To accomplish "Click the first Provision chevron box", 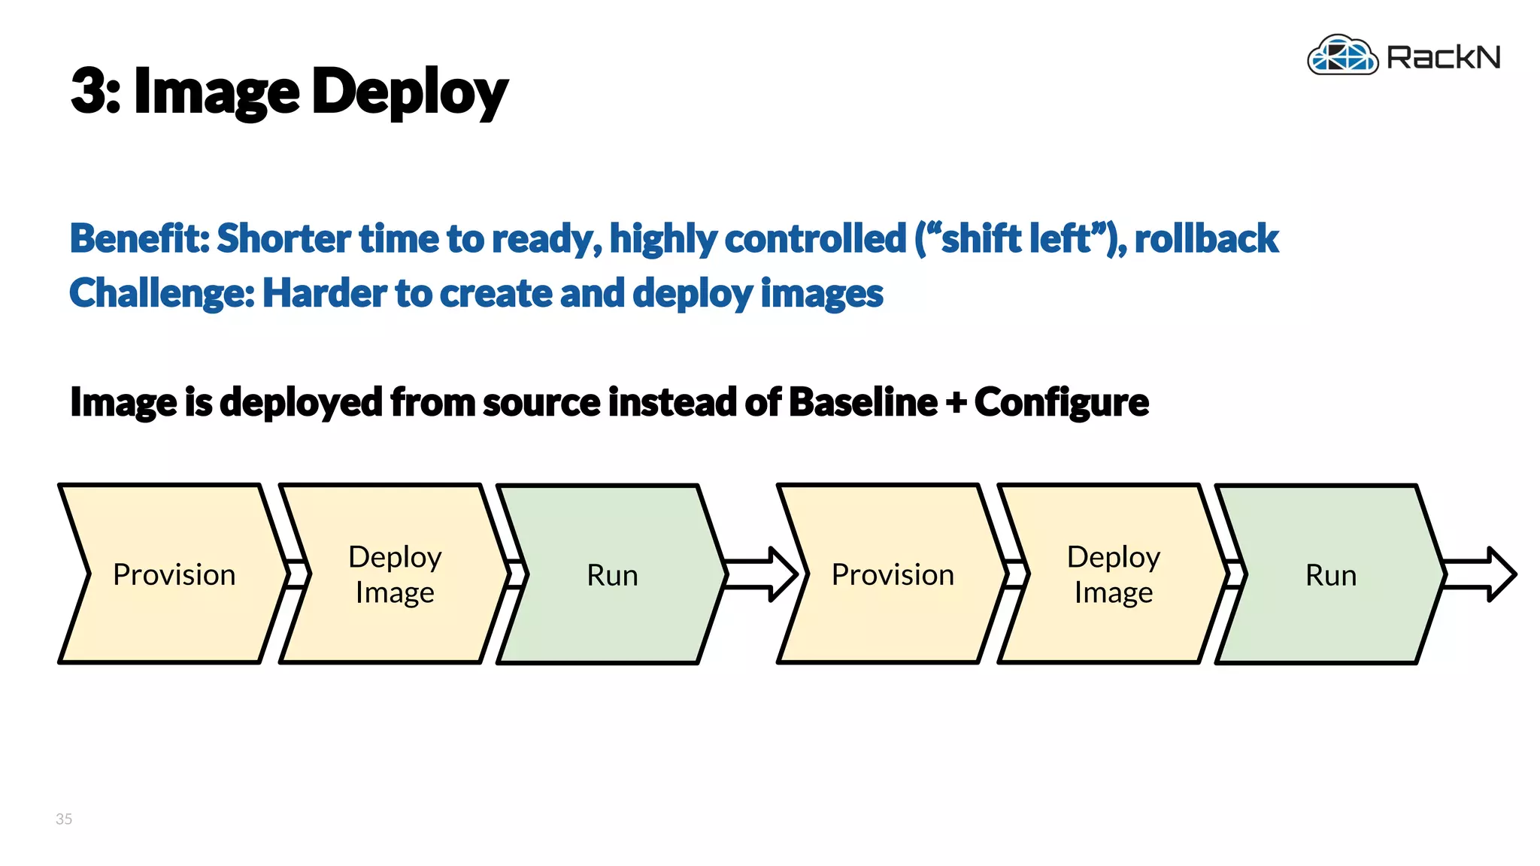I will pyautogui.click(x=174, y=574).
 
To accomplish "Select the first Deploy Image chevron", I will pyautogui.click(x=395, y=574).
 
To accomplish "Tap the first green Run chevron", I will pyautogui.click(x=612, y=575).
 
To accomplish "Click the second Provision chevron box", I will pyautogui.click(x=893, y=574).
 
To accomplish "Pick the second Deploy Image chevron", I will pyautogui.click(x=1113, y=574).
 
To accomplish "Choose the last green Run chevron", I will pyautogui.click(x=1330, y=575).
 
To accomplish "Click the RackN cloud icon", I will pyautogui.click(x=1342, y=56).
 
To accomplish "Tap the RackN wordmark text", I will pyautogui.click(x=1443, y=58).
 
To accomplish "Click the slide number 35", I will pyautogui.click(x=64, y=819).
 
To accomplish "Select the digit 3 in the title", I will pyautogui.click(x=90, y=92).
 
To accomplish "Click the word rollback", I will pyautogui.click(x=1205, y=238).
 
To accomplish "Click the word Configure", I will pyautogui.click(x=1061, y=402).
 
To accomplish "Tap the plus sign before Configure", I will pyautogui.click(x=956, y=402).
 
